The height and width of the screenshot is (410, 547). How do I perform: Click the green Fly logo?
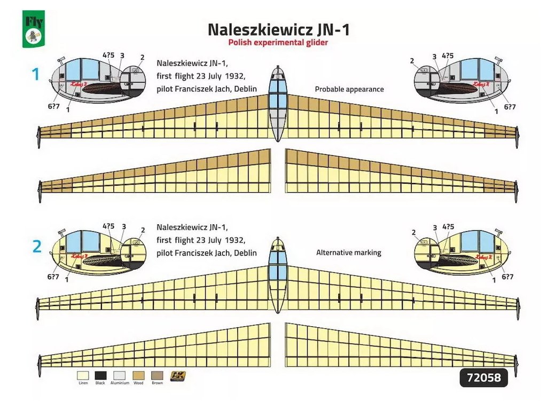click(33, 30)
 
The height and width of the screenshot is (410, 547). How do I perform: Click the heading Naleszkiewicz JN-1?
click(278, 29)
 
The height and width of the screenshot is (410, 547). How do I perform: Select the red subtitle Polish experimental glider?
click(278, 43)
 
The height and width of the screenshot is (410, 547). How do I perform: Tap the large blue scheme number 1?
click(36, 74)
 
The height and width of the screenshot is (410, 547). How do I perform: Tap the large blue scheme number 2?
click(36, 246)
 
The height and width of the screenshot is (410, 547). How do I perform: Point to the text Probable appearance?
click(349, 89)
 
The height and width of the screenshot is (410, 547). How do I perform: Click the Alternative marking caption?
click(349, 253)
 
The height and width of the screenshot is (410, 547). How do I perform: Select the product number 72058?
click(483, 378)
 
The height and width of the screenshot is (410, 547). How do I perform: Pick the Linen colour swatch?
click(83, 376)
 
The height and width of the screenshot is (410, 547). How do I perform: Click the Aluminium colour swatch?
click(120, 376)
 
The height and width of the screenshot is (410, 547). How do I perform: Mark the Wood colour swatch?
click(138, 376)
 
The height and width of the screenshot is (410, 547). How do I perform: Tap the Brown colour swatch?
click(157, 376)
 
